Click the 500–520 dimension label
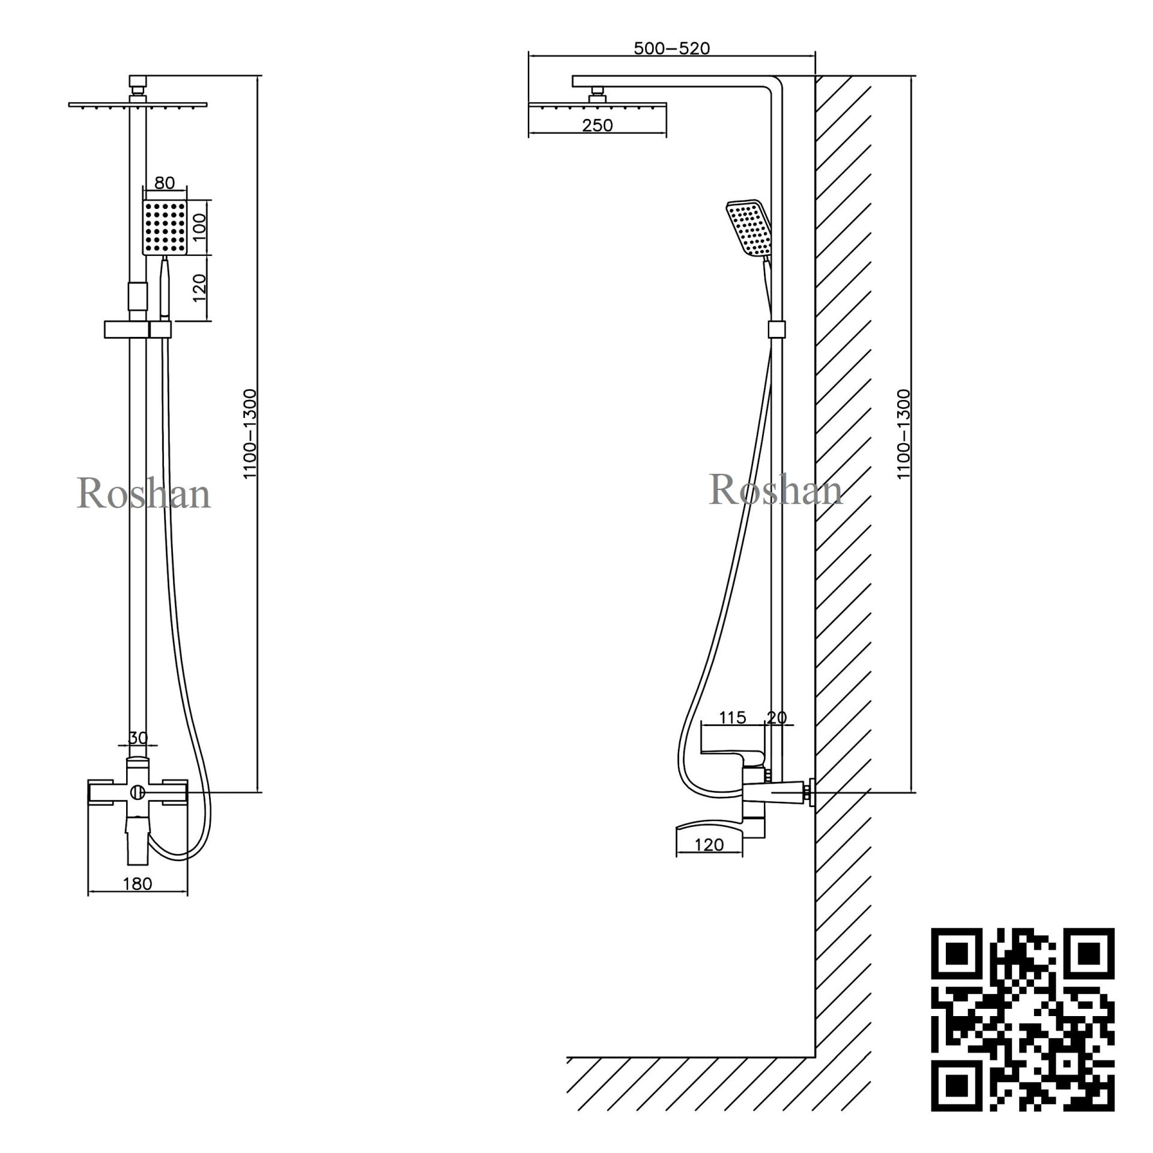tap(671, 49)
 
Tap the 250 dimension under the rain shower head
tap(598, 126)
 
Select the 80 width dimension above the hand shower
tap(164, 183)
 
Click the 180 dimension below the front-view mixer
tap(138, 883)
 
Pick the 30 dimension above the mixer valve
tap(138, 738)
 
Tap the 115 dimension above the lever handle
tap(732, 718)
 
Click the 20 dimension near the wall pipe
tap(776, 718)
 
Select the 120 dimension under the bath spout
tap(709, 845)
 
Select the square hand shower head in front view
tap(165, 226)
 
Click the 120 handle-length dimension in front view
tap(201, 287)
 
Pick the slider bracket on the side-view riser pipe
tap(776, 329)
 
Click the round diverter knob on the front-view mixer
tap(138, 793)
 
